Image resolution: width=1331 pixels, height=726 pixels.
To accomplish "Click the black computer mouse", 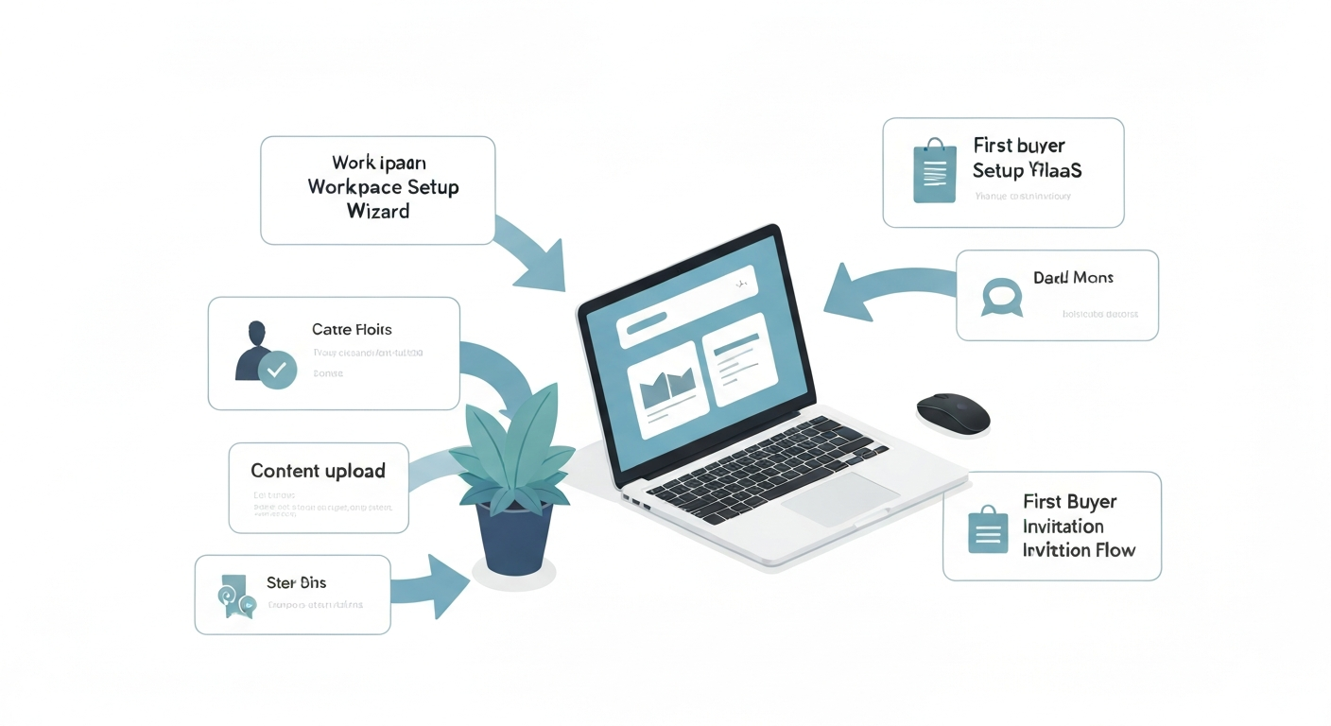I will pos(953,413).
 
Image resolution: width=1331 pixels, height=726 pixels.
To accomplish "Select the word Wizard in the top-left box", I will pos(378,211).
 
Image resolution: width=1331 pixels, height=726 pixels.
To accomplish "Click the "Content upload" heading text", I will pos(318,471).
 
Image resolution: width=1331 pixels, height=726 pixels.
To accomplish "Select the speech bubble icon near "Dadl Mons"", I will pos(1002,296).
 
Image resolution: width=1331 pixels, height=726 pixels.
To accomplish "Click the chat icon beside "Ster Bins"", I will pos(234,596).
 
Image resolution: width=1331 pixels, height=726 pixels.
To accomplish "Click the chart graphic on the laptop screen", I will pos(667,388).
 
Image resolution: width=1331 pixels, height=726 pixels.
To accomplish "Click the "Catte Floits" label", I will pos(352,330).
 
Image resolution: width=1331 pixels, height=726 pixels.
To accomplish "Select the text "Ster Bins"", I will pos(296,583).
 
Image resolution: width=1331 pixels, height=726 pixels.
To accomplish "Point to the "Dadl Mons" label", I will pos(1073,278).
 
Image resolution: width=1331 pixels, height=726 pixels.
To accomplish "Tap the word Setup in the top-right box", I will pos(998,171).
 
